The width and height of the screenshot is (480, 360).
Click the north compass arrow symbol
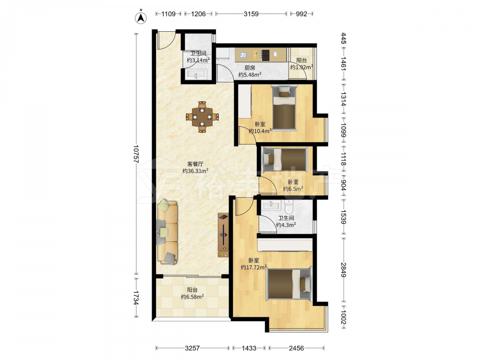point(141,17)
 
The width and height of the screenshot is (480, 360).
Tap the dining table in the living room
point(202,117)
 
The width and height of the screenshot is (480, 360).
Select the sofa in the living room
point(168,232)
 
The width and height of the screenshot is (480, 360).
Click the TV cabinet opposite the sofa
point(223,235)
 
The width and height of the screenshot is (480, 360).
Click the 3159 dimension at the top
point(251,14)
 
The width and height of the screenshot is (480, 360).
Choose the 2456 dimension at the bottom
point(296,348)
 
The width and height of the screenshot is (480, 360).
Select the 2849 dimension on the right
point(344,270)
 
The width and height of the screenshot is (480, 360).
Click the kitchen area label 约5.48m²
point(250,74)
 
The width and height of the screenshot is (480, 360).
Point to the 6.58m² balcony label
point(192,297)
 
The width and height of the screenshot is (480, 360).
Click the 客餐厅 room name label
point(195,164)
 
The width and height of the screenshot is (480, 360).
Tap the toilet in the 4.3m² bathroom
point(288,207)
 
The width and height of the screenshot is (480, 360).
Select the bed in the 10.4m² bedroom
point(284,108)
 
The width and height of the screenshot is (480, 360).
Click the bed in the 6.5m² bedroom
point(285,159)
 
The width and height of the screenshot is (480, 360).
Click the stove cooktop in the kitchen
point(265,55)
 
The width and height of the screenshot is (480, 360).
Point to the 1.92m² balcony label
point(301,67)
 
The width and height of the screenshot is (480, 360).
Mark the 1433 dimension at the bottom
point(249,348)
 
